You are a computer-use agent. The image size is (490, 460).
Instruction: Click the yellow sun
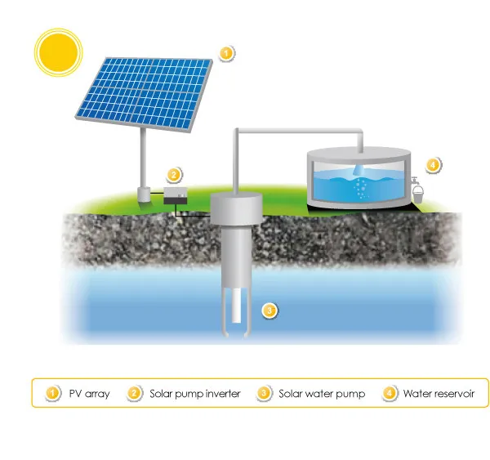coord(59,52)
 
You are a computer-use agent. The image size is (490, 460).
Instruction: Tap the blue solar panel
coord(144,94)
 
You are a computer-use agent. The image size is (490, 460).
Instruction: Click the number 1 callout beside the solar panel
coord(226,53)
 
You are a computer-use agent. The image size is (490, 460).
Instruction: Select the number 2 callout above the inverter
coord(174,175)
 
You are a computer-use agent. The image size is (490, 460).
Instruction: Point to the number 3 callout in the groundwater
coord(269,310)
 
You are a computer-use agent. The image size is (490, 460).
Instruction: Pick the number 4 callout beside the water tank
coord(433,164)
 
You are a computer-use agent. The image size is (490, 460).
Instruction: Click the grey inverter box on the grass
coord(176,195)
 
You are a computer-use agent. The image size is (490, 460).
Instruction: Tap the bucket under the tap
coord(418,194)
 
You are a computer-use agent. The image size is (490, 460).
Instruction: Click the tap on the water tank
coord(414,181)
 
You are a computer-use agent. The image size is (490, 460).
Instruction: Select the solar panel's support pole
coord(143,158)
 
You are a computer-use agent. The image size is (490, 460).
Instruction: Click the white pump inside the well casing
coord(237,306)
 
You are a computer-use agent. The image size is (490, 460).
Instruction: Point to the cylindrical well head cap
coord(236,208)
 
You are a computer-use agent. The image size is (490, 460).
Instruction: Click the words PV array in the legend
coord(89,393)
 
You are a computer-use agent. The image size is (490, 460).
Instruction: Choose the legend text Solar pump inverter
coord(195,393)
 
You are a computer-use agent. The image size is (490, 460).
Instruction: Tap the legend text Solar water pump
coord(322,393)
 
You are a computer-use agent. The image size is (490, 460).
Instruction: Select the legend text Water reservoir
coord(439,393)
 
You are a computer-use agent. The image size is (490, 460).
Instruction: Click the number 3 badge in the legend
coord(264,393)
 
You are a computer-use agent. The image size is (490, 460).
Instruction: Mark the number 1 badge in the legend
coord(52,393)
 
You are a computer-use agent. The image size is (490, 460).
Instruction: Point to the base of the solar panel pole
coord(144,194)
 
